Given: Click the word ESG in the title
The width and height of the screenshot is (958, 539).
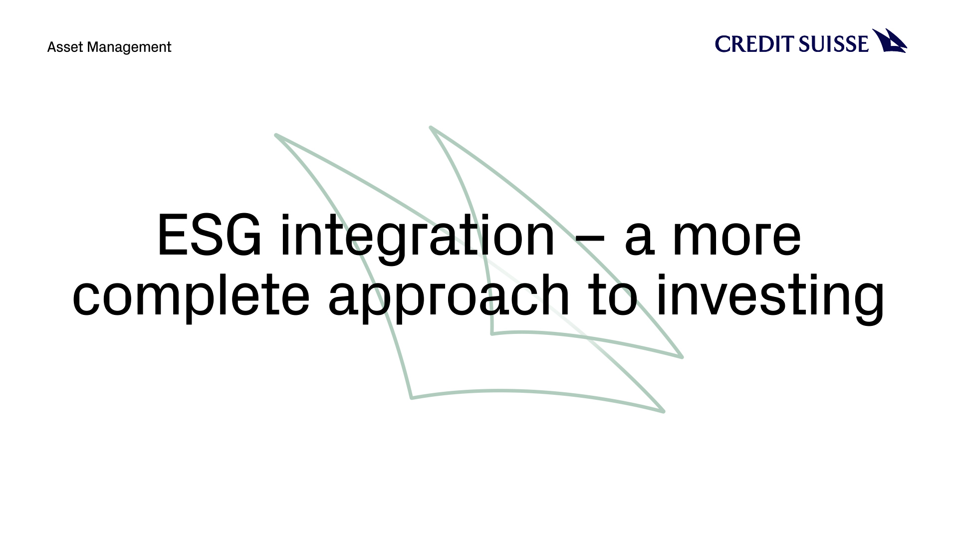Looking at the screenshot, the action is [x=210, y=235].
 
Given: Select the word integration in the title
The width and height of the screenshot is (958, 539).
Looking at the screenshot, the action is [x=418, y=238].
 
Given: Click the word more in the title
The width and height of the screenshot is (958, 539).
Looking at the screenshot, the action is [x=736, y=239].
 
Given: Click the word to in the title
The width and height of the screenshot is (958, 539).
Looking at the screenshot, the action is [x=613, y=295].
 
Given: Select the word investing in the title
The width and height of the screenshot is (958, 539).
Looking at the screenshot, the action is [x=770, y=297].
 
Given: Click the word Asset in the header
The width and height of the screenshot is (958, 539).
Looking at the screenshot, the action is [x=65, y=47].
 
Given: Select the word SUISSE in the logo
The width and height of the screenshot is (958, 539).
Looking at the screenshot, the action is [x=833, y=44].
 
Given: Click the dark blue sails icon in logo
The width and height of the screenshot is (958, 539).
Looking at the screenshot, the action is [x=890, y=41].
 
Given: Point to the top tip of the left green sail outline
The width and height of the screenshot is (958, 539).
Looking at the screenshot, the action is [x=276, y=135].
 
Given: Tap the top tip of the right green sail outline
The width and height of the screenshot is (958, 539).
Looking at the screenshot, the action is [x=431, y=127].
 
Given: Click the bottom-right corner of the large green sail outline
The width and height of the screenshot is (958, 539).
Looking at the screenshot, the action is [x=664, y=411].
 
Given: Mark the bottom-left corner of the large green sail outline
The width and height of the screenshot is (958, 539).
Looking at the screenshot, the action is [x=412, y=398].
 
